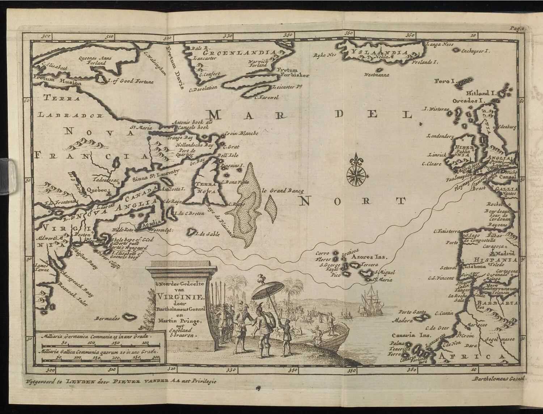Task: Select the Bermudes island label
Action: (x=107, y=319)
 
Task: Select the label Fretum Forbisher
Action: (x=293, y=73)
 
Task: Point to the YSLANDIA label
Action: (x=380, y=52)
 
